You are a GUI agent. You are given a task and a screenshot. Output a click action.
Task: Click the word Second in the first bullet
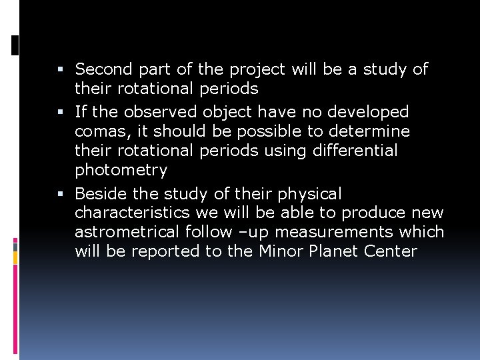click(x=104, y=69)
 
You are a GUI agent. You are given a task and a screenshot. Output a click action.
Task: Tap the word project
click(x=257, y=69)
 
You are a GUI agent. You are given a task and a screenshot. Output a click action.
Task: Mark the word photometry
click(x=121, y=171)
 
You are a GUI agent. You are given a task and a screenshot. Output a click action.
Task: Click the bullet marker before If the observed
click(x=61, y=112)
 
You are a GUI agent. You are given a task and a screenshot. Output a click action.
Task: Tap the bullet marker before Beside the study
click(x=61, y=194)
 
